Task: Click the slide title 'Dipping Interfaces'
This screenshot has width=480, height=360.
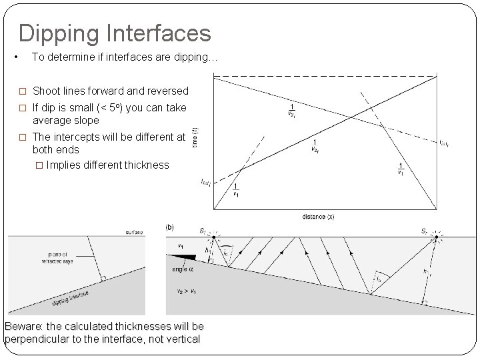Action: point(114,33)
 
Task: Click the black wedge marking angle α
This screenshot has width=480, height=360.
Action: point(188,257)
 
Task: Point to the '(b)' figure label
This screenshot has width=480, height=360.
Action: point(170,227)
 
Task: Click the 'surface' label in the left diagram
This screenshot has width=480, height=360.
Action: point(133,233)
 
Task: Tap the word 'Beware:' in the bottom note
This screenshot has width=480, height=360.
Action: point(25,326)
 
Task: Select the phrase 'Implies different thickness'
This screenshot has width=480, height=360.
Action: point(108,165)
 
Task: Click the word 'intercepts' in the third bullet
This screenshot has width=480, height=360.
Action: point(82,136)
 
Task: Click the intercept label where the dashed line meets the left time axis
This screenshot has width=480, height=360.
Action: point(205,181)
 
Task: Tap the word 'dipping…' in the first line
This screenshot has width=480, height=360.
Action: point(193,57)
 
